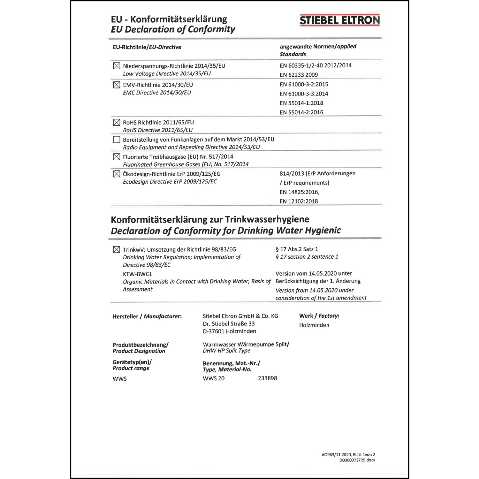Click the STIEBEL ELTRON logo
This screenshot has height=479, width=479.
[340, 20]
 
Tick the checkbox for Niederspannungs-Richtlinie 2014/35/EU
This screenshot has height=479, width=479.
[117, 66]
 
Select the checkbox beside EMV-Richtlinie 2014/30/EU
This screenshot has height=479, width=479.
[117, 85]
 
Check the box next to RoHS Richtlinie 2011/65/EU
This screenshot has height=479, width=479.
[117, 123]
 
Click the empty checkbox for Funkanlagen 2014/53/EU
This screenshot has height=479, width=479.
[117, 140]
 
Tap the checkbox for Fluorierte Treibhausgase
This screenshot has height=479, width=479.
[117, 157]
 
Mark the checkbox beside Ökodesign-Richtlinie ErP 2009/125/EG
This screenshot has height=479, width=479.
[117, 174]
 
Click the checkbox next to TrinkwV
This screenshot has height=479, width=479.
[117, 250]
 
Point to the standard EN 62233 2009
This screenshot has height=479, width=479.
[299, 75]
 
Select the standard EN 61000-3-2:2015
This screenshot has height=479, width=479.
[304, 84]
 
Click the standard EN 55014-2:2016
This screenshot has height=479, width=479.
[301, 112]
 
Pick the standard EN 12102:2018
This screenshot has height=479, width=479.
[299, 201]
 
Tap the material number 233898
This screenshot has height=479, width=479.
[267, 378]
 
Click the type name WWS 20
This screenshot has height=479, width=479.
[213, 378]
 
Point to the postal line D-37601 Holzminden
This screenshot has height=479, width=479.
[229, 331]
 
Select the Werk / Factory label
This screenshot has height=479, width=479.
[319, 316]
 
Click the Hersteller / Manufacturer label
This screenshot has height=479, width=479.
[147, 316]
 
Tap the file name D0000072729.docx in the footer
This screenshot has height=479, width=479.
[357, 460]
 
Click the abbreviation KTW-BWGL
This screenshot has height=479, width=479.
[137, 274]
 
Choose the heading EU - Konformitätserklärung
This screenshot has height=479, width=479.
[169, 19]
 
